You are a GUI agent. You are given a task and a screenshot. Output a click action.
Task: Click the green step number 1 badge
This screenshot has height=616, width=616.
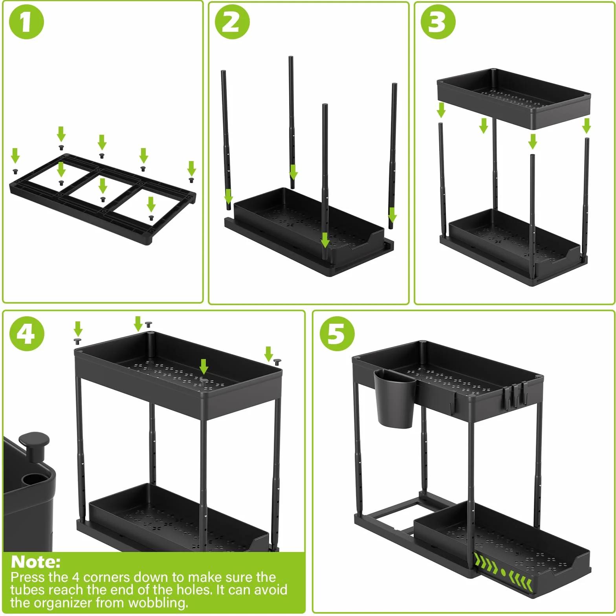(x=26, y=22)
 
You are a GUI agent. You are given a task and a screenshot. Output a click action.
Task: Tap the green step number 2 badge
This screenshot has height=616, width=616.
(x=232, y=22)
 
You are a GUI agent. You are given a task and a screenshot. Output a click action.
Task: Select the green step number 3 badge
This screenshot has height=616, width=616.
(x=438, y=22)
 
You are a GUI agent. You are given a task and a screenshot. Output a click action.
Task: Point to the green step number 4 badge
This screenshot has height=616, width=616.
(x=27, y=334)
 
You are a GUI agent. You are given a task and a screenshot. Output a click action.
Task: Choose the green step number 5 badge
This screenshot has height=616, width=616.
(x=337, y=334)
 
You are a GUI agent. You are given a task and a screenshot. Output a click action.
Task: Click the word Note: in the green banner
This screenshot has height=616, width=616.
(x=36, y=562)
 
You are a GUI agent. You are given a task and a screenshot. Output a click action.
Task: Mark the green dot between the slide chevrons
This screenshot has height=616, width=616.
(x=503, y=572)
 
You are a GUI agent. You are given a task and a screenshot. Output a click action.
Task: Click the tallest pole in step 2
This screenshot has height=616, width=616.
(x=291, y=122)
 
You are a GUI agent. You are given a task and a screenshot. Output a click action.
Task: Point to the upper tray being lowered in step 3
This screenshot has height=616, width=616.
(x=513, y=98)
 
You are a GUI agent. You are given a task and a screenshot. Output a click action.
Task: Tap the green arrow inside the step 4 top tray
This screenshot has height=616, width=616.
(x=203, y=367)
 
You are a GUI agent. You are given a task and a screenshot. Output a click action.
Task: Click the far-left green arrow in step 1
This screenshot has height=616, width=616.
(x=15, y=156)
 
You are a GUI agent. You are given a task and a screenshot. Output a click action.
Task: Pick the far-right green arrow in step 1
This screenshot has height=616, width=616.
(x=191, y=169)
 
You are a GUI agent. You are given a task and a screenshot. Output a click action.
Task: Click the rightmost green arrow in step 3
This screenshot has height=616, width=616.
(x=587, y=126)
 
